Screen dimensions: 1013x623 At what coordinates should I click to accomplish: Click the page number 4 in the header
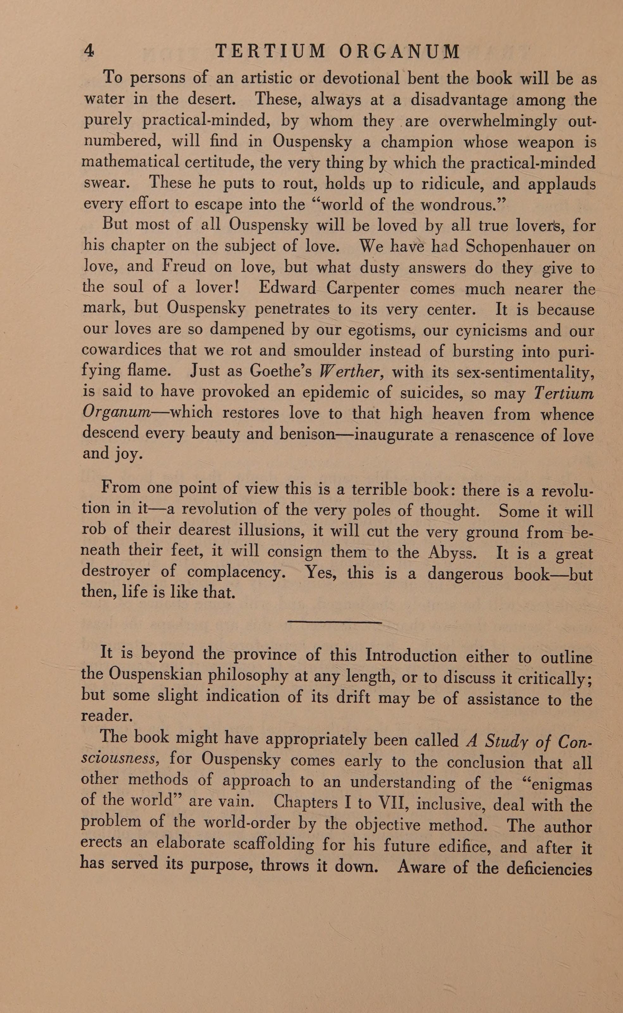point(89,51)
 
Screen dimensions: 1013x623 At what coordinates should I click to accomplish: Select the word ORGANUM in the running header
point(399,52)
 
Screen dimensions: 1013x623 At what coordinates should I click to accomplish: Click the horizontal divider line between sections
point(334,622)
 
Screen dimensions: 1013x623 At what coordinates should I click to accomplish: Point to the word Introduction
point(411,655)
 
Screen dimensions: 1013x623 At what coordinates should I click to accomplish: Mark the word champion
point(417,142)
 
